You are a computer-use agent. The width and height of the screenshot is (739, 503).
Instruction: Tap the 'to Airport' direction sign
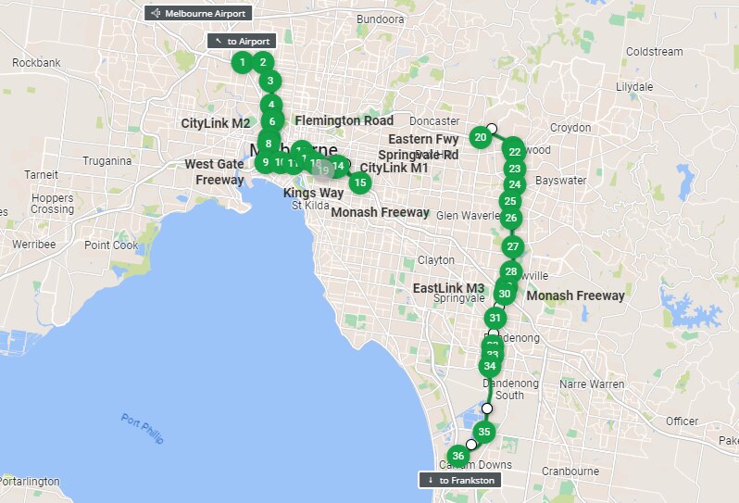pos(242,42)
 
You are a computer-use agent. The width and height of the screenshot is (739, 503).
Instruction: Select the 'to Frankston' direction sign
pos(459,480)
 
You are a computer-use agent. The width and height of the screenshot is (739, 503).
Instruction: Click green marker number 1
pos(242,63)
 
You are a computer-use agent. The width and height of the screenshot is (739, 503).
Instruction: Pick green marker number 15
pos(361,182)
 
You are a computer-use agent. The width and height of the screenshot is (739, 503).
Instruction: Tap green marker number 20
pos(481,139)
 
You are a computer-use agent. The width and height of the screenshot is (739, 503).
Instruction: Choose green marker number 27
pos(513,247)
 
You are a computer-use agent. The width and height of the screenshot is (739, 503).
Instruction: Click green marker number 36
pos(457,456)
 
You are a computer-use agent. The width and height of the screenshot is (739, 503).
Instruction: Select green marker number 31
pos(495,318)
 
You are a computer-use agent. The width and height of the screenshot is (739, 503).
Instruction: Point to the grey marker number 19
pos(322,169)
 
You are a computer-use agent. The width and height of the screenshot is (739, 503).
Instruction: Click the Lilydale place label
pos(635,86)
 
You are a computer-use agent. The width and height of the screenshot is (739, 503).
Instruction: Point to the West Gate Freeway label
pos(214,171)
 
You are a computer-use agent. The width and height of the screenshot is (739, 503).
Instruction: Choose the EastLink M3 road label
pos(448,288)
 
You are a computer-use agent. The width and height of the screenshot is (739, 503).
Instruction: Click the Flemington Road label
pos(344,120)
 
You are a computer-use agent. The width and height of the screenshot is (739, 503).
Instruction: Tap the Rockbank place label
pos(37,63)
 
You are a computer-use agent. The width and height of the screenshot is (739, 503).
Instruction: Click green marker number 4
pos(270,105)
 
